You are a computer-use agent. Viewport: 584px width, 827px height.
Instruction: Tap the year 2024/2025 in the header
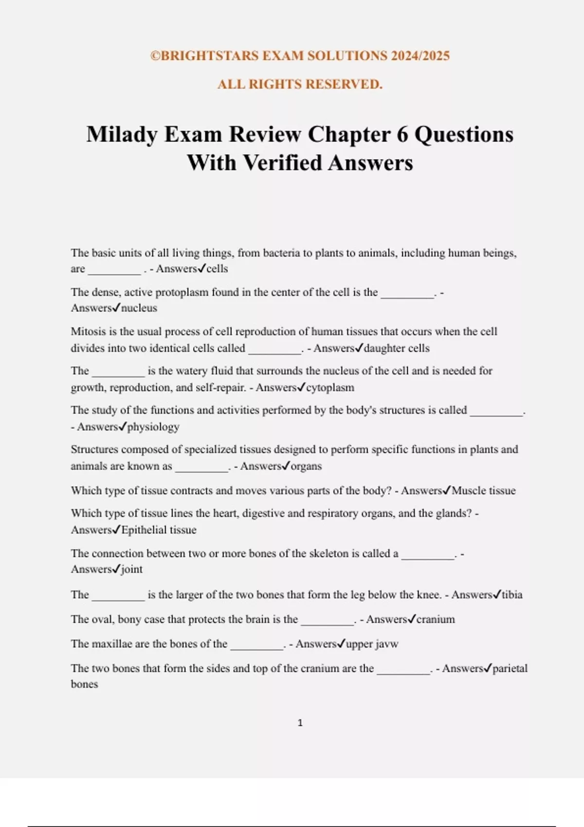tap(420, 56)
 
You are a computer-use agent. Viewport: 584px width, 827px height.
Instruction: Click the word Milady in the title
tap(122, 135)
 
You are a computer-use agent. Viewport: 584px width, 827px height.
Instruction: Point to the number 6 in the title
tap(402, 135)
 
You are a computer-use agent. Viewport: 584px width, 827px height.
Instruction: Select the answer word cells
tap(217, 269)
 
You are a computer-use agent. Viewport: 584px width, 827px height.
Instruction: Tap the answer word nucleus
tap(139, 308)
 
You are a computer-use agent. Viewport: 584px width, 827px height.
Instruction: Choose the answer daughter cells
tap(397, 348)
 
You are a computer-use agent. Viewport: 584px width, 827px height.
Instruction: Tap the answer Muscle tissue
tap(484, 490)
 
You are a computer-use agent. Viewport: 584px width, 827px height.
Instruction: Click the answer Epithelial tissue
tap(159, 530)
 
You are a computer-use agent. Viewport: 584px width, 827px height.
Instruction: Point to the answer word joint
tap(132, 569)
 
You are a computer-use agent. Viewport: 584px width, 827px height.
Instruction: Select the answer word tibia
tap(512, 594)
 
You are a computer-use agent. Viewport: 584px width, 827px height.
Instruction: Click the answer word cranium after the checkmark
tap(436, 619)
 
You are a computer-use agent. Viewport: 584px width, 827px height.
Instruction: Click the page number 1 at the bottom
tap(300, 723)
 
